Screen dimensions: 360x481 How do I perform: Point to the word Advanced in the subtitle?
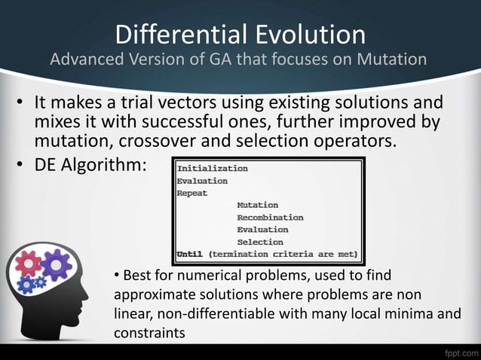point(84,60)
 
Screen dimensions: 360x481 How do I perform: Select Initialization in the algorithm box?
point(212,168)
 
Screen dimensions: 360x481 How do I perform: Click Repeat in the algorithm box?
point(192,193)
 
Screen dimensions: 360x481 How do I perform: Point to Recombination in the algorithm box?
point(270,217)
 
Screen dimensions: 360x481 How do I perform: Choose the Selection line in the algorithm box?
point(260,242)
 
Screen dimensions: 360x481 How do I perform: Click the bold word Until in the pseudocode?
point(190,254)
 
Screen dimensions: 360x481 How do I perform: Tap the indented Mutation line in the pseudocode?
point(257,205)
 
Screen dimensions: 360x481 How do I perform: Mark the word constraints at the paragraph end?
point(149,331)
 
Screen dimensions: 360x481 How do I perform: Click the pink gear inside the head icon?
point(30,264)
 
